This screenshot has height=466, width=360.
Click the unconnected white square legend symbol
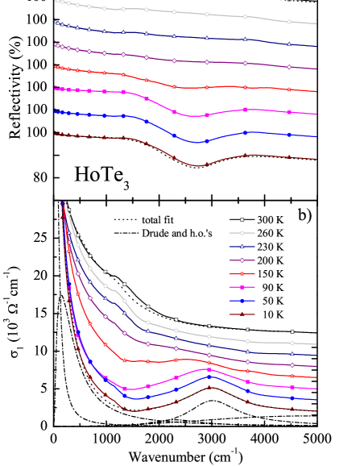(x=242, y=219)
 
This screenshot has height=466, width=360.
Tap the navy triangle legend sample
(x=242, y=247)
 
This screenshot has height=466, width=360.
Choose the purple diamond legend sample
(x=242, y=260)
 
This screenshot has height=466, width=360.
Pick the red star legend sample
(x=242, y=273)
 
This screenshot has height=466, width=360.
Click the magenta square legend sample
(x=242, y=287)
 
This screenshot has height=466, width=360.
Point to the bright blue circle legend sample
(x=242, y=300)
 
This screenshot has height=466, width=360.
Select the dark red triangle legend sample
(x=242, y=314)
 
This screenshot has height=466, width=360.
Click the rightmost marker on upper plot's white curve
(x=289, y=22)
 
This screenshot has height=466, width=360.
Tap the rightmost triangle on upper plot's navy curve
(x=289, y=44)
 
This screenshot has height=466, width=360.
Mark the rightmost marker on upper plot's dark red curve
(x=289, y=157)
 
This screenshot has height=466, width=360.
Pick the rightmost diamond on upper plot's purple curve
(x=289, y=67)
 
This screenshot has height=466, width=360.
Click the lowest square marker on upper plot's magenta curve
(x=206, y=115)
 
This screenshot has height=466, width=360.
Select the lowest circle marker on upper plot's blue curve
(x=206, y=140)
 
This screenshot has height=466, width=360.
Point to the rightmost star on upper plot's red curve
(x=289, y=89)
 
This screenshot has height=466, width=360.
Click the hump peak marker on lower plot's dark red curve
(x=209, y=387)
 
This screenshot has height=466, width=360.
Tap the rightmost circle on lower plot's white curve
(x=292, y=343)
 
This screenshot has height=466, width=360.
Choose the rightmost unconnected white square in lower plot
(x=292, y=331)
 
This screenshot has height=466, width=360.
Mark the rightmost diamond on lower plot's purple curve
(x=292, y=365)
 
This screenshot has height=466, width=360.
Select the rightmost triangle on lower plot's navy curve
(x=292, y=354)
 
